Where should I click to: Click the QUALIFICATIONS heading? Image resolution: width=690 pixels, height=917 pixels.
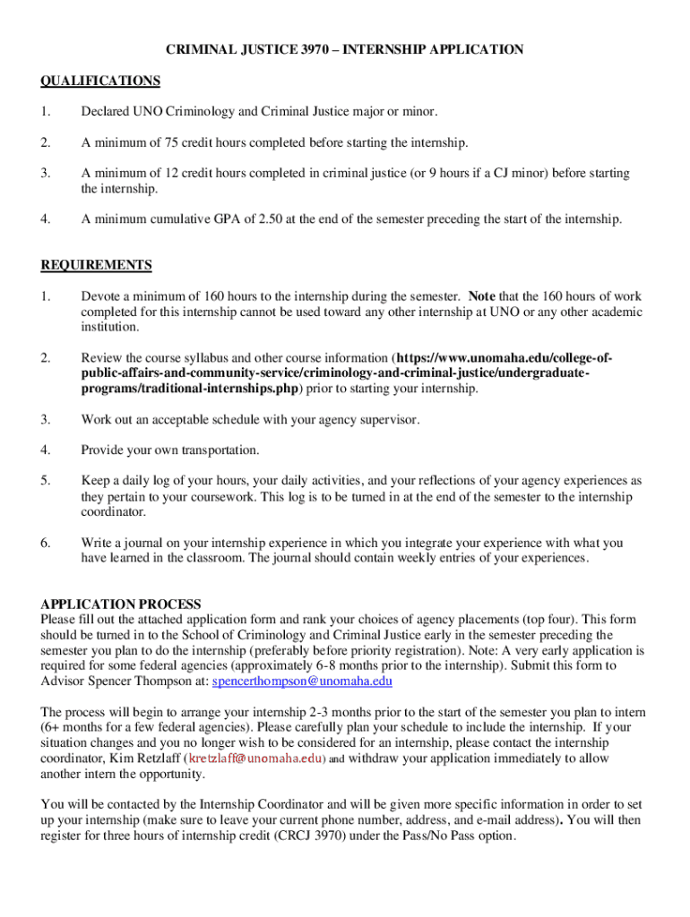coord(100,81)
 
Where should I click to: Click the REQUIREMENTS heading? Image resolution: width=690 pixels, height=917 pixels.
coord(97,265)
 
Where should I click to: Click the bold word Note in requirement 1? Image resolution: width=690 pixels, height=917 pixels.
coord(481,296)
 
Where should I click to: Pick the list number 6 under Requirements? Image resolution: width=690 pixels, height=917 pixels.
coord(45,543)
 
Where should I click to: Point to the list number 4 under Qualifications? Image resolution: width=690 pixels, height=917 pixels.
coord(45,219)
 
